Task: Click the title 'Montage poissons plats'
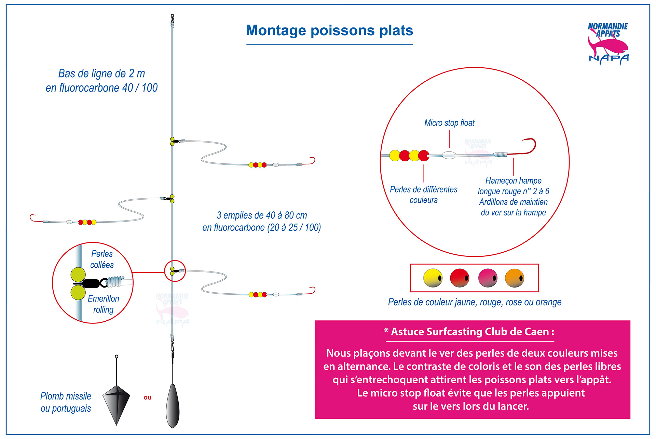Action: (329, 30)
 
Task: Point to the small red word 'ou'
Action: (148, 397)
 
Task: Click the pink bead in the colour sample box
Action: (488, 278)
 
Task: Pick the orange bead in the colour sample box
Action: (515, 278)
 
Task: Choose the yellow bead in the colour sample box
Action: (433, 278)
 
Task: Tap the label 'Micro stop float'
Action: (449, 123)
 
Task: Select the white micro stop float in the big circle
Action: (449, 155)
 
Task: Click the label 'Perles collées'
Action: (102, 259)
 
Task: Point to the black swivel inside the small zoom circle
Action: (90, 283)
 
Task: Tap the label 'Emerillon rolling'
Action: (104, 304)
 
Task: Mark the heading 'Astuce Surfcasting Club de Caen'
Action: (470, 332)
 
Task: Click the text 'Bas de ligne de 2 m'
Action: (101, 74)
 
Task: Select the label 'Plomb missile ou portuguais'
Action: (66, 402)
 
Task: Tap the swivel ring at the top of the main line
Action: (173, 16)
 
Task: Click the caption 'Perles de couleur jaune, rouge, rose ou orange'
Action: (475, 302)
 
